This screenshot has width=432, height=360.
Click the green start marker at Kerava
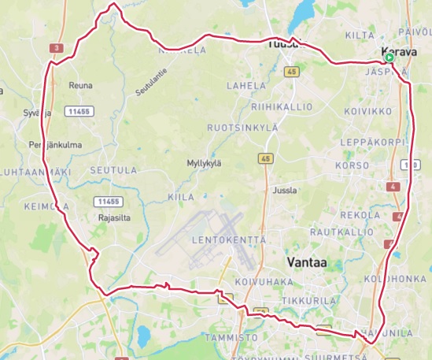390,58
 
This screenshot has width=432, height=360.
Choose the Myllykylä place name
204,163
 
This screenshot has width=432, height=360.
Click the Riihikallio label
282,106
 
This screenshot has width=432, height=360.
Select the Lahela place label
242,85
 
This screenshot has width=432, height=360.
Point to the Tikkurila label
310,300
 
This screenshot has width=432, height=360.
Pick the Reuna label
80,85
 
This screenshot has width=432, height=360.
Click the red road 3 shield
56,48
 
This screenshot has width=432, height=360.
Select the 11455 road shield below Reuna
79,111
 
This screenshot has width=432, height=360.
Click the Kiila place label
181,197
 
